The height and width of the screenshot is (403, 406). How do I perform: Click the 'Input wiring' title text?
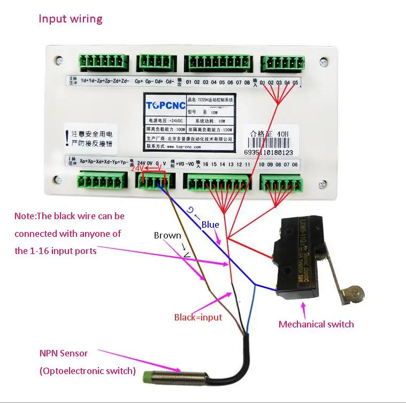[70, 19]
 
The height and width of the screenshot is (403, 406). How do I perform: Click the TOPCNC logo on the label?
[166, 105]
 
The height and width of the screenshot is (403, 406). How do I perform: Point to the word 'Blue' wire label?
[210, 225]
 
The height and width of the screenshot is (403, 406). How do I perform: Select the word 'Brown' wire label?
[167, 235]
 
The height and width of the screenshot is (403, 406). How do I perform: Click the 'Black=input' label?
[198, 317]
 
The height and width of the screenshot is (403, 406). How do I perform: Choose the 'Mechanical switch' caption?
[316, 324]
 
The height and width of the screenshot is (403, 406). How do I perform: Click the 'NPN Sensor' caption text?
[64, 353]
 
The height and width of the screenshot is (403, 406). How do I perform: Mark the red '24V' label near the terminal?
[137, 168]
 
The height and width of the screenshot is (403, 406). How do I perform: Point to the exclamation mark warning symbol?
[66, 138]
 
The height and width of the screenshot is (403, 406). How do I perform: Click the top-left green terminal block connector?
[104, 62]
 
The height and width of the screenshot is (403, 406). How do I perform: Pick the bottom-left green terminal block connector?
[102, 180]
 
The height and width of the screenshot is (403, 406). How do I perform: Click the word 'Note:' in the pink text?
[26, 216]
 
